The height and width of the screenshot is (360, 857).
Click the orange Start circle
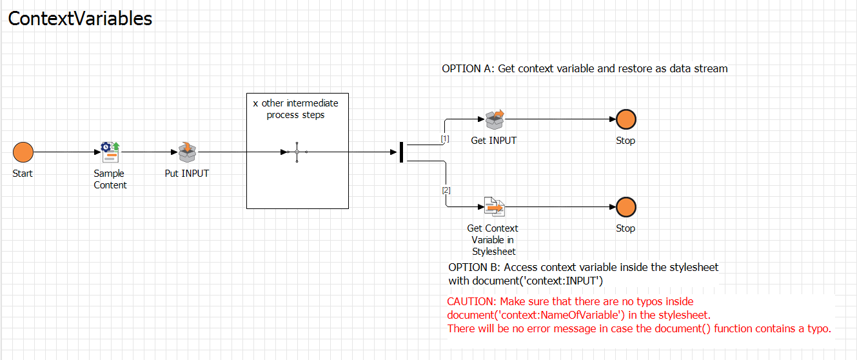(x=23, y=152)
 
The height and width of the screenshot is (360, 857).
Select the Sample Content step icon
(x=110, y=152)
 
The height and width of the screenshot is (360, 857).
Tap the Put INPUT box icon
(x=187, y=152)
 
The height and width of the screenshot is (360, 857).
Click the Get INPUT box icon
(x=494, y=119)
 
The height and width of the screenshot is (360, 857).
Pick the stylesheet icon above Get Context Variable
(x=494, y=206)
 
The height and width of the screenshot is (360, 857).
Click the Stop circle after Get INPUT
(x=626, y=119)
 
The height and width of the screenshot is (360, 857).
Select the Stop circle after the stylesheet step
(x=626, y=207)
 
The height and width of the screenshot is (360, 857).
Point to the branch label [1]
(x=445, y=139)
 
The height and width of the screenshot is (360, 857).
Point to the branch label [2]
(x=446, y=190)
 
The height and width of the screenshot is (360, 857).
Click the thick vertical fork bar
(x=401, y=152)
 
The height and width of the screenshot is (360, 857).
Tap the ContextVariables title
(x=80, y=19)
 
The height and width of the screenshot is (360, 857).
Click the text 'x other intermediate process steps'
(x=296, y=109)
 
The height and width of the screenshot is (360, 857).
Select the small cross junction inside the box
(x=297, y=152)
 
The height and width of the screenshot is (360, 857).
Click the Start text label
(x=23, y=174)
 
